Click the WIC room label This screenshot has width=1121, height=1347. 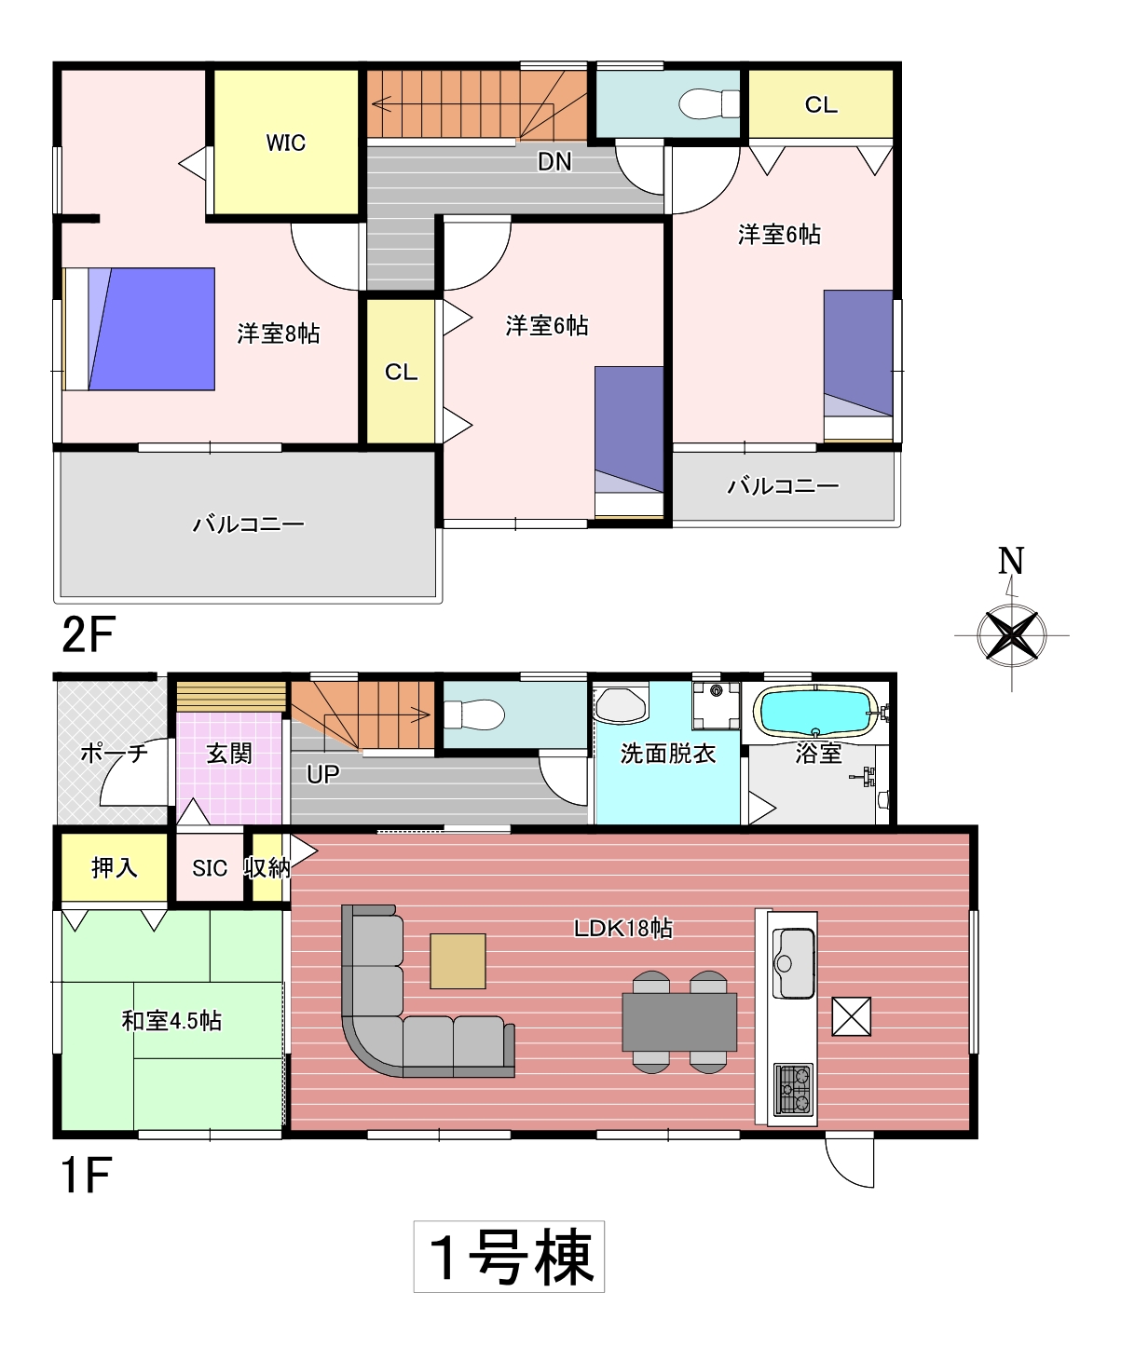286,143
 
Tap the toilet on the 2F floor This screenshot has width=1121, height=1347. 709,103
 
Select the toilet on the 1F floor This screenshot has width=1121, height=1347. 474,714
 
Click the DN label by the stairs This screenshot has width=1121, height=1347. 554,162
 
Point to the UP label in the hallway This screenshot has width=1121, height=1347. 322,774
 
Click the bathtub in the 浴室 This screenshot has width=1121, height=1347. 817,712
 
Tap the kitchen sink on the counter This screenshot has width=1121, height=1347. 793,962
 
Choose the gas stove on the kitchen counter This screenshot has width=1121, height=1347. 793,1088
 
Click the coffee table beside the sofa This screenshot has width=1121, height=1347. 458,960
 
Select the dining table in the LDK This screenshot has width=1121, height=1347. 679,1022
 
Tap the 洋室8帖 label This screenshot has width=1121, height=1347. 278,333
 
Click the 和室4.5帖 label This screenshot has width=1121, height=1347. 171,1021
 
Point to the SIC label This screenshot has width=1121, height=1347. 210,868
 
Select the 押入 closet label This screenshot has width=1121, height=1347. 115,867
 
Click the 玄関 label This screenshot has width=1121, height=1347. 229,754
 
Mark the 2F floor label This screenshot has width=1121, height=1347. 89,634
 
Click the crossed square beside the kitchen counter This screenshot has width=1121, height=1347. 852,1016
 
